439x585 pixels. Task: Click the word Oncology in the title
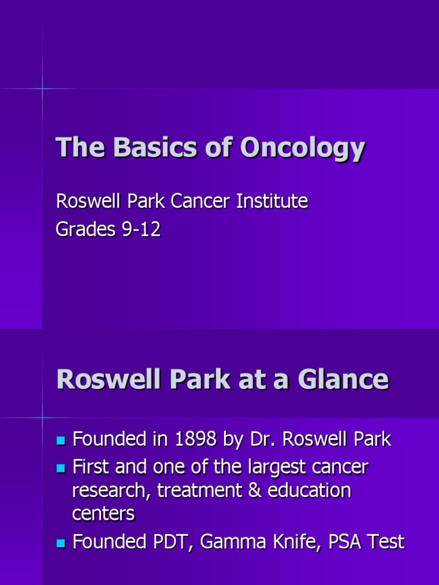[302, 149]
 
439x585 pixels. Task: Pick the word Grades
[83, 230]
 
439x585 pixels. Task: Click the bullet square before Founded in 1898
[62, 440]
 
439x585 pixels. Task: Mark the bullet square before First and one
[62, 468]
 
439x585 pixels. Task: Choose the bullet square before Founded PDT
[62, 543]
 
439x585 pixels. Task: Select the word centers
[103, 513]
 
